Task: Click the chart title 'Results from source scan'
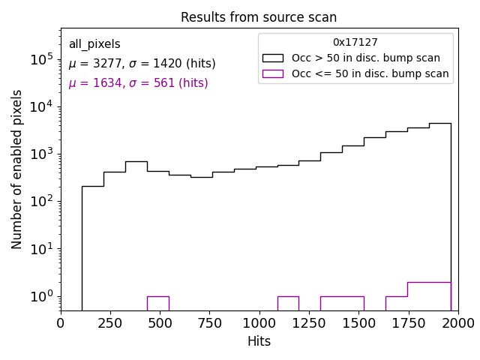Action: click(x=259, y=17)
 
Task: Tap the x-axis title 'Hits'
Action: click(x=259, y=341)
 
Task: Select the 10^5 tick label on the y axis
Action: click(x=40, y=59)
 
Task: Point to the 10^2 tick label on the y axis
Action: click(x=40, y=202)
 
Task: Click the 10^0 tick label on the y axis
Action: click(x=40, y=297)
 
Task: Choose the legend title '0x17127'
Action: click(x=355, y=43)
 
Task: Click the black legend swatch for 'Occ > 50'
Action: click(x=274, y=58)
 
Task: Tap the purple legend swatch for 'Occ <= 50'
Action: click(x=274, y=73)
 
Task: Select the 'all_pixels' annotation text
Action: click(x=94, y=44)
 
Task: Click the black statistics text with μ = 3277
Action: click(x=142, y=64)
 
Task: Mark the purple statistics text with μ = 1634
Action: click(x=138, y=83)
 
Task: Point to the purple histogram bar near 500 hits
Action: click(x=157, y=303)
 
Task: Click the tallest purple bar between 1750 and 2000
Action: click(x=429, y=296)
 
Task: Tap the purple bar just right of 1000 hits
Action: click(x=288, y=303)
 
